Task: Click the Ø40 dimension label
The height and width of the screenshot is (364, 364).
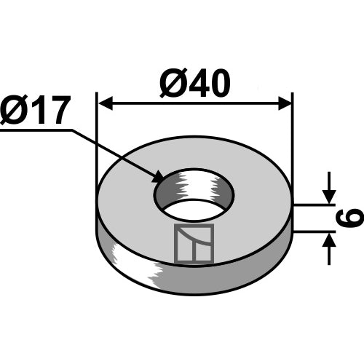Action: (194, 83)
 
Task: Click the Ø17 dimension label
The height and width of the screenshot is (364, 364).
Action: (34, 110)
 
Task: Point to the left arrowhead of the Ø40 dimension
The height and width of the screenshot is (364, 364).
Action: (106, 103)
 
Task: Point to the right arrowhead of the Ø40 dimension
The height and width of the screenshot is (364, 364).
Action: (285, 103)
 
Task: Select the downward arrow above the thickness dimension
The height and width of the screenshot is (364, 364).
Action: (329, 187)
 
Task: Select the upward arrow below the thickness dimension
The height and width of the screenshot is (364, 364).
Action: (329, 249)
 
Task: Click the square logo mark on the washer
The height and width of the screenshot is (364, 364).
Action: (194, 243)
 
